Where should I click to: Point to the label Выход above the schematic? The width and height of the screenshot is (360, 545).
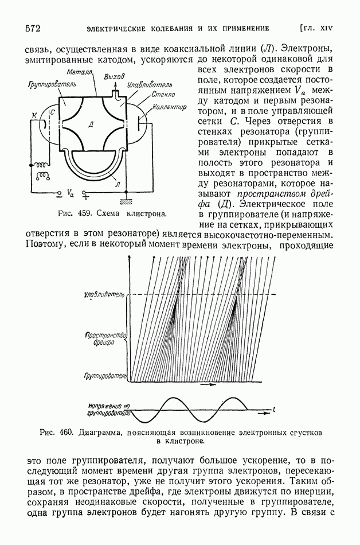coord(114,76)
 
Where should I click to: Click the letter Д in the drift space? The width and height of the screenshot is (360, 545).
coord(93,124)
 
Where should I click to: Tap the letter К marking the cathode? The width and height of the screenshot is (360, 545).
coord(33,116)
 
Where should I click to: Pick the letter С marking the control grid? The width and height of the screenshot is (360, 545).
coord(52,112)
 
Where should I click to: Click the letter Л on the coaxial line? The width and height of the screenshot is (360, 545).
coord(118,184)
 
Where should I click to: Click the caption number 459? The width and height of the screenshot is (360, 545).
coord(85,214)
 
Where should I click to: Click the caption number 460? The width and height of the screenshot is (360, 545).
coord(62,431)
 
